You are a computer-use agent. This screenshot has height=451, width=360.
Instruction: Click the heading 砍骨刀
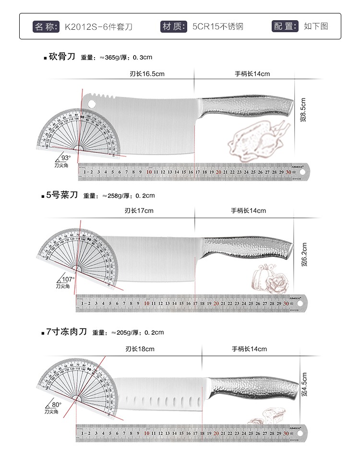62,57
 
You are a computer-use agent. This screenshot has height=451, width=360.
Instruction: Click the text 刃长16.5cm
147,74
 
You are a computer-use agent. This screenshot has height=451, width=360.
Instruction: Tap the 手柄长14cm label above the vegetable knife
248,210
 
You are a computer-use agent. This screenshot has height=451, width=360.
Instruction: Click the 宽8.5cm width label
303,110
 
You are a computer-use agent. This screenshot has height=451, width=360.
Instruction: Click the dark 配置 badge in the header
285,26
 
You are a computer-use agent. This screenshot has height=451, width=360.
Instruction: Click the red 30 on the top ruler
288,171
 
